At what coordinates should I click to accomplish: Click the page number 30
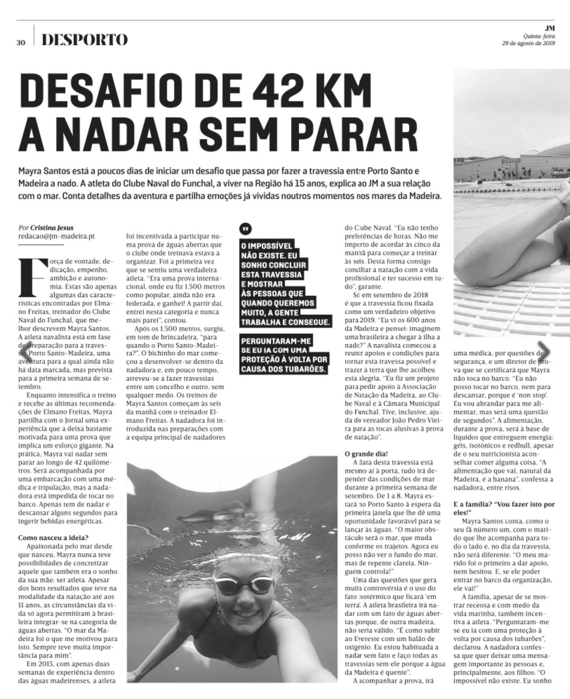[x=21, y=42]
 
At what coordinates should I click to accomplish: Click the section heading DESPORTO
[x=84, y=40]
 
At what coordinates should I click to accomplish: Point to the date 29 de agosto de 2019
[x=528, y=43]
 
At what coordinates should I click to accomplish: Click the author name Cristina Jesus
[x=52, y=228]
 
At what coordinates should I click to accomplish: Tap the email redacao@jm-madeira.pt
[x=56, y=236]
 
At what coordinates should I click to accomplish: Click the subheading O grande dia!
[x=366, y=454]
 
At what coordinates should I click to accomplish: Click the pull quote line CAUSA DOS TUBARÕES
[x=285, y=369]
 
